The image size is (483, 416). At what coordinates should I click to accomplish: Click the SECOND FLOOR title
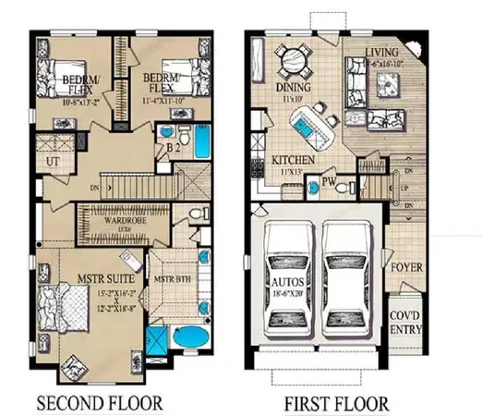(99, 403)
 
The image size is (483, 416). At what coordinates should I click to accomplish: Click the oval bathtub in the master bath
(193, 337)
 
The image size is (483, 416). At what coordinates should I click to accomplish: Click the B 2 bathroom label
(172, 147)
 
